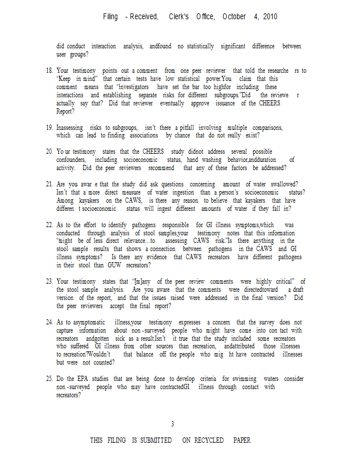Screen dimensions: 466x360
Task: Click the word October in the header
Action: (234, 17)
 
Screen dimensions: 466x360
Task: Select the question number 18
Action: (49, 71)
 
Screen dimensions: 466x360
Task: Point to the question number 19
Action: (49, 128)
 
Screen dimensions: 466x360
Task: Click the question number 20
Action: (49, 152)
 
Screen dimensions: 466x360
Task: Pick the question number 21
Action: (49, 184)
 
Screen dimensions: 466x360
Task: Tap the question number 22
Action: (49, 225)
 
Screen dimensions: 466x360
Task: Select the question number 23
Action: (49, 281)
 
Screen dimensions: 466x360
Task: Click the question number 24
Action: (49, 322)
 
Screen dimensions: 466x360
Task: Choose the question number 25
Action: (49, 379)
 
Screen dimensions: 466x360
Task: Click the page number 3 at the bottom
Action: (172, 423)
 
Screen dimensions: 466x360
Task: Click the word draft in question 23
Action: (297, 290)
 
